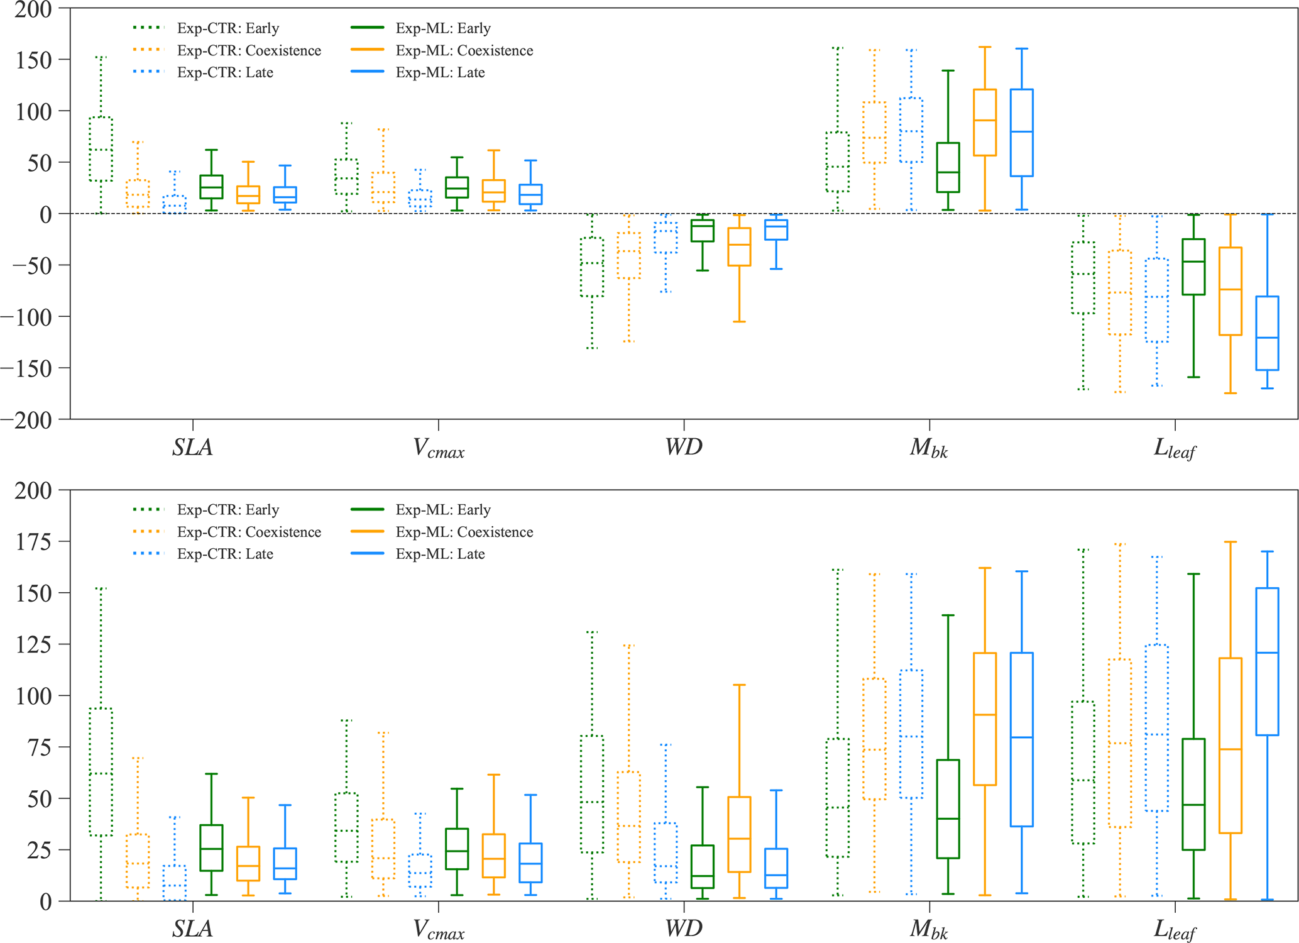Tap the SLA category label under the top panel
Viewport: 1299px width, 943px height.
[x=192, y=447]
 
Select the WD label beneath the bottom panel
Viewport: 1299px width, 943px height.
[x=684, y=928]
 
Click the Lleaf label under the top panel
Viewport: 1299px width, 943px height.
[x=1174, y=448]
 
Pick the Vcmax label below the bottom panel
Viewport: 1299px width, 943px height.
[x=439, y=929]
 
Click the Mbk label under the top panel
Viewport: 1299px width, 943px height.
[x=929, y=448]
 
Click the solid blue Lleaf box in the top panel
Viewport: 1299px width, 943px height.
[x=1267, y=333]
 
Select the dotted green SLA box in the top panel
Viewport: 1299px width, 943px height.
[x=101, y=149]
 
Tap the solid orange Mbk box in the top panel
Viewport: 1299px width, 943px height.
[x=985, y=123]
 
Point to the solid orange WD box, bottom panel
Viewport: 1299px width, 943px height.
[x=739, y=834]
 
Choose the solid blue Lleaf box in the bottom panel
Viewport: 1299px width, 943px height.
[x=1267, y=661]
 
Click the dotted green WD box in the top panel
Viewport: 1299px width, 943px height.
[x=591, y=267]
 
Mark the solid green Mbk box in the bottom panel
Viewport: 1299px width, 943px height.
[x=948, y=808]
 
